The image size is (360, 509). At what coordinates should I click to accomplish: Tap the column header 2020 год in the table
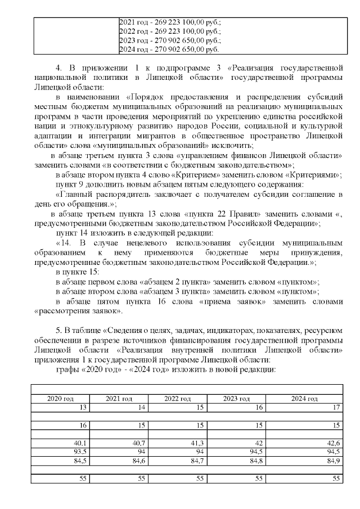60,398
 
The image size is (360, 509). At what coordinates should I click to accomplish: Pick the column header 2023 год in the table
237,398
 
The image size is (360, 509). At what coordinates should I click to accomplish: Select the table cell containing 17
336,407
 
